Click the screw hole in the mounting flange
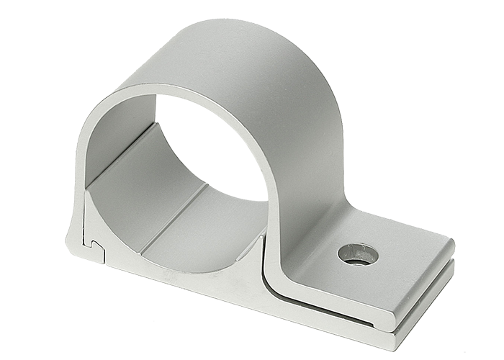point(358,253)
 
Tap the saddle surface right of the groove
point(209,230)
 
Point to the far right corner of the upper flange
point(453,245)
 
